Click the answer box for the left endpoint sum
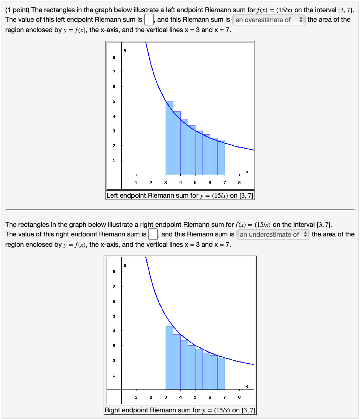pos(149,19)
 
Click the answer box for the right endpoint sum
pos(153,234)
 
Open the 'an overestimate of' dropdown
pos(269,20)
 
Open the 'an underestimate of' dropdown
pos(273,234)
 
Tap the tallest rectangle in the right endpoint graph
pos(169,358)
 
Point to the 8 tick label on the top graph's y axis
pos(114,57)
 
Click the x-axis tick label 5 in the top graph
pos(195,183)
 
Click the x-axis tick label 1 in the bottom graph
pos(136,397)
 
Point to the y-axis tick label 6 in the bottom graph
pos(114,301)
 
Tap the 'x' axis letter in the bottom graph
pos(246,386)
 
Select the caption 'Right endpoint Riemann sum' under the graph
pos(152,410)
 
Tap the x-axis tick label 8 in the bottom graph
pos(239,397)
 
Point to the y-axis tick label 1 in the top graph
pos(114,160)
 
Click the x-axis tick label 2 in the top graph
pos(150,183)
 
